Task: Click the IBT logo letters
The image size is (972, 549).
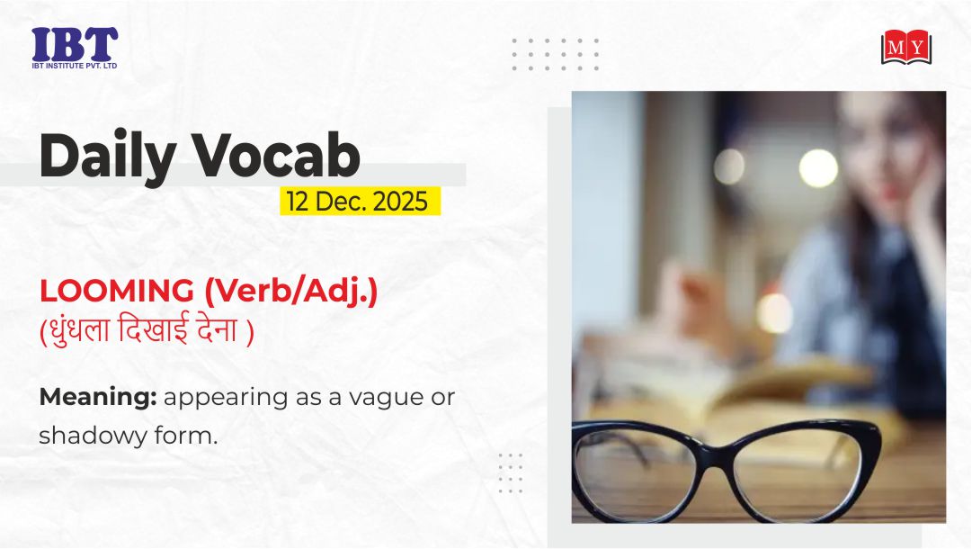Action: [75, 44]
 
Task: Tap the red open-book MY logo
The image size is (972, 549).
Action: [906, 47]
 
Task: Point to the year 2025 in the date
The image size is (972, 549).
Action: [400, 202]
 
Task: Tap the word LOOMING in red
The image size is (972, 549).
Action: [117, 291]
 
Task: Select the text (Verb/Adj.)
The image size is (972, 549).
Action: [290, 292]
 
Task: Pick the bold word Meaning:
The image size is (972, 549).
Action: [98, 398]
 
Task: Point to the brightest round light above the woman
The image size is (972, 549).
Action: [818, 168]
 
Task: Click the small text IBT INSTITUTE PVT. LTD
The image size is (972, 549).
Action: [75, 66]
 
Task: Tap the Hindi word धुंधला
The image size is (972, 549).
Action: [77, 329]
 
